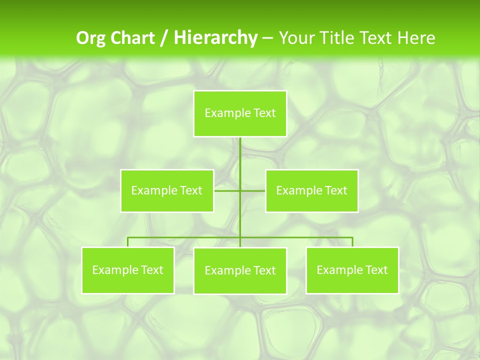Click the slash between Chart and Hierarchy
[164, 38]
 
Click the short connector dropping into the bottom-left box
[128, 242]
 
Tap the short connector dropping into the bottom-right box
[352, 242]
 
